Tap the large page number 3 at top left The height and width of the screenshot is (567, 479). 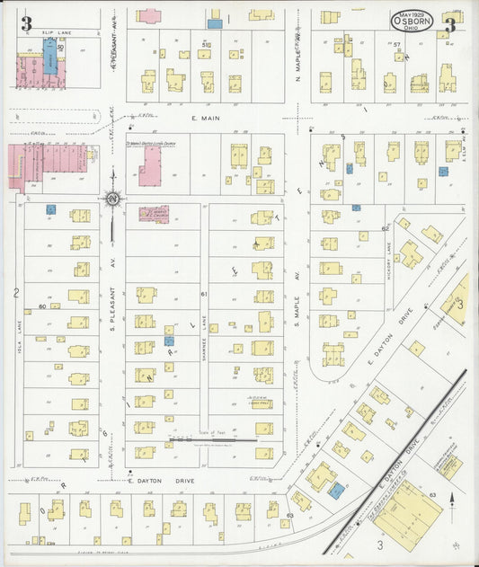pos(26,24)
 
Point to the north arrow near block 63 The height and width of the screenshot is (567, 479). pos(453,496)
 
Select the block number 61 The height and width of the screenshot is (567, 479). pos(204,294)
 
